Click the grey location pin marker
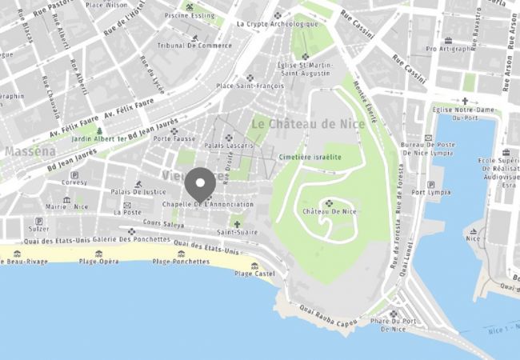coord(200,184)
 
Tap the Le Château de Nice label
coord(307,124)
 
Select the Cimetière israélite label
coord(310,158)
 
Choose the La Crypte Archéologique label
coord(271,24)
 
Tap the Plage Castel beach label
coord(254,273)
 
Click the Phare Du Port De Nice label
coord(394,324)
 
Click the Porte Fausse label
coord(174,138)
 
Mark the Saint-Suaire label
coord(236,232)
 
